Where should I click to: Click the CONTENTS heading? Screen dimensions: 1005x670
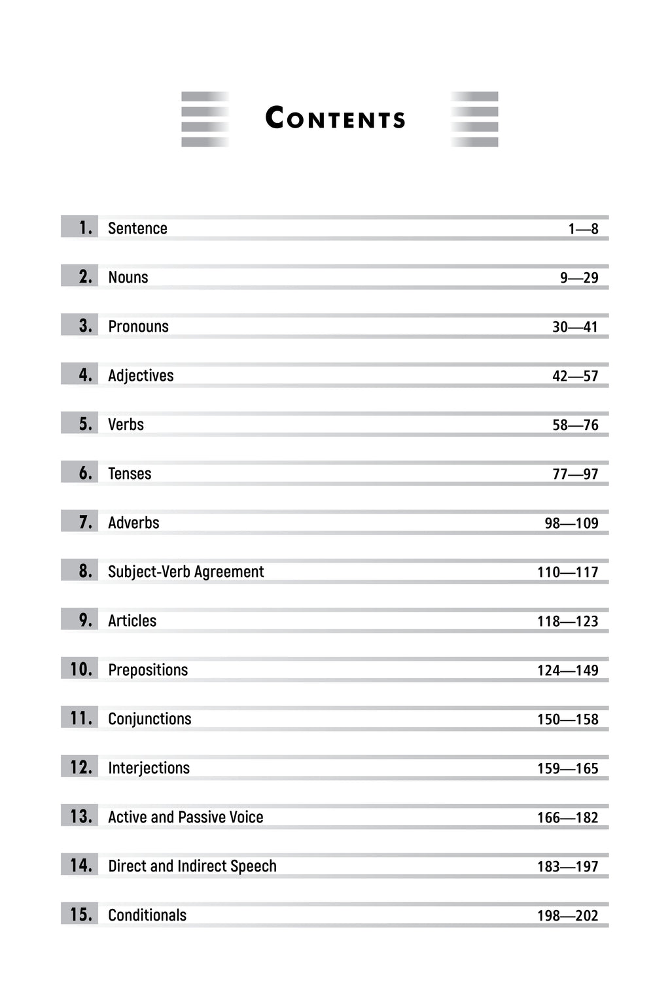pos(335,118)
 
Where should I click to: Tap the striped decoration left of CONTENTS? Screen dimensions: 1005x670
pos(205,119)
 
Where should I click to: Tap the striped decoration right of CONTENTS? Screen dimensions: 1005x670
pos(474,119)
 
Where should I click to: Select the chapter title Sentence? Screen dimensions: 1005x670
pos(137,228)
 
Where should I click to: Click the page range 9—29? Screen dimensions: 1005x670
pos(579,277)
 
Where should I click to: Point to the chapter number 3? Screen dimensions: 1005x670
pos(85,326)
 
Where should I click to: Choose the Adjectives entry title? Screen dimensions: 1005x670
pos(141,376)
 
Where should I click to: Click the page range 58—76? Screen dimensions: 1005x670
pos(575,425)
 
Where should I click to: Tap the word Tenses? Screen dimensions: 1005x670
pos(130,474)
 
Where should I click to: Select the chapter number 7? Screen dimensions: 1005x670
pos(85,522)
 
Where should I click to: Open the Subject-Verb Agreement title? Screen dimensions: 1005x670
pos(186,572)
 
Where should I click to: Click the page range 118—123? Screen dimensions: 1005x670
pos(567,621)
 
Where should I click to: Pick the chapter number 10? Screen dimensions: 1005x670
pos(81,669)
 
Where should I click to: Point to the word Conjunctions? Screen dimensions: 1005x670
pos(150,719)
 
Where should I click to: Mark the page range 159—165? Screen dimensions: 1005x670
pos(567,768)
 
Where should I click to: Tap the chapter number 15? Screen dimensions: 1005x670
pos(81,915)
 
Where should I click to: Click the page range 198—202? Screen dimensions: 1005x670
pos(567,915)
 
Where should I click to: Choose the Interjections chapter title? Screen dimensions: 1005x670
pos(149,768)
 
